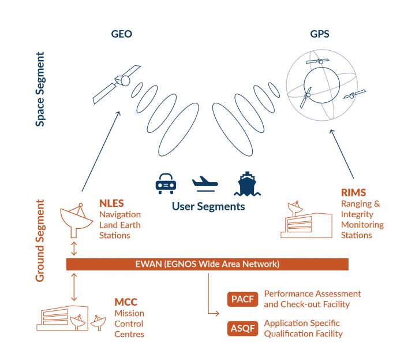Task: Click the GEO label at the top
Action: pyautogui.click(x=122, y=34)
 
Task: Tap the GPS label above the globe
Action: pyautogui.click(x=320, y=34)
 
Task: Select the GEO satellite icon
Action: pyautogui.click(x=117, y=84)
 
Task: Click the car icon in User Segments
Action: pyautogui.click(x=166, y=184)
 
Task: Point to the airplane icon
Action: pyautogui.click(x=205, y=183)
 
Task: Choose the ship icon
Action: pyautogui.click(x=248, y=184)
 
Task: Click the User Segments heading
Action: pyautogui.click(x=208, y=206)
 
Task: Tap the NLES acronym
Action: pyautogui.click(x=111, y=203)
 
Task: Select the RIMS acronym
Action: pyautogui.click(x=353, y=192)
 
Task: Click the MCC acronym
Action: pyautogui.click(x=126, y=302)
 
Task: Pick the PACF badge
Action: pyautogui.click(x=242, y=299)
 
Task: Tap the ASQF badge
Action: pyautogui.click(x=242, y=329)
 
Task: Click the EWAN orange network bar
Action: pyautogui.click(x=207, y=264)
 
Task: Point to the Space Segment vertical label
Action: pyautogui.click(x=40, y=89)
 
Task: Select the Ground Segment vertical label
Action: pyautogui.click(x=40, y=240)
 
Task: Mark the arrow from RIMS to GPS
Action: pyautogui.click(x=342, y=154)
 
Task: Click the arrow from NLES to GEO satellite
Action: pyautogui.click(x=101, y=151)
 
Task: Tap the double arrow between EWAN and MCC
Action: pyautogui.click(x=74, y=287)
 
